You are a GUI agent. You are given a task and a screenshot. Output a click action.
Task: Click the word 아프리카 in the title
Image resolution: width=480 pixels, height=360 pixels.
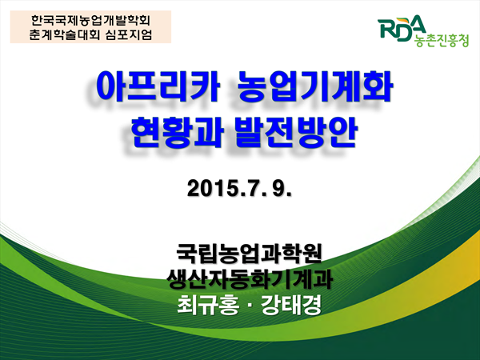coord(158,86)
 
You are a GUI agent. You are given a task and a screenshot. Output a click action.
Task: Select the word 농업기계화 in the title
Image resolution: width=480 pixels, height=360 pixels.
coord(315,86)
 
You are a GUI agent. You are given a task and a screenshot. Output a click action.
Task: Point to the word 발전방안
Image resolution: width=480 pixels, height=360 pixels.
coord(296,132)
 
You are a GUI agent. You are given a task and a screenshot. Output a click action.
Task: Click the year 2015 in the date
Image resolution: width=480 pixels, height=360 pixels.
coord(212,188)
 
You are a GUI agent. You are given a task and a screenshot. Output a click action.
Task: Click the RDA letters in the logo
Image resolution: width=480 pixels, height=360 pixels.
coord(402,29)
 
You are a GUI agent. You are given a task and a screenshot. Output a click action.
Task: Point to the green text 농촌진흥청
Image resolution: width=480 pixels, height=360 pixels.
coord(441,41)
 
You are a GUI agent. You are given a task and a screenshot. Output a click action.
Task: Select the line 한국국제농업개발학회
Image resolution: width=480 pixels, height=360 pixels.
coord(90,21)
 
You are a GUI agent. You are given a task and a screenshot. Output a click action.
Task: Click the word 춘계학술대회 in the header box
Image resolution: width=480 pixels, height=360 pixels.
coord(65,34)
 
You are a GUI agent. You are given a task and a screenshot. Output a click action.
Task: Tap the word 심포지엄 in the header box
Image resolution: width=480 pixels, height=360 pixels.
coord(128,34)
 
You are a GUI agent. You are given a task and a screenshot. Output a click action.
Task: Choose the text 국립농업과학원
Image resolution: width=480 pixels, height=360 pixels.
coord(250,254)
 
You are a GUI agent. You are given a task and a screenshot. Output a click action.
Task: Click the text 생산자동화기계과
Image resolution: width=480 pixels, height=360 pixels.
coord(250,279)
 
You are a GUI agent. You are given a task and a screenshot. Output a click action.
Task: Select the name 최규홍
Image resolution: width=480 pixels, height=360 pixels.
coord(208,305)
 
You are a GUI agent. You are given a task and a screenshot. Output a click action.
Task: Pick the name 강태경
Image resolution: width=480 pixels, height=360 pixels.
coord(291,305)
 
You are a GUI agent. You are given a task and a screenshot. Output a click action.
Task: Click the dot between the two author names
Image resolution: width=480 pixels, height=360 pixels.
coord(250,306)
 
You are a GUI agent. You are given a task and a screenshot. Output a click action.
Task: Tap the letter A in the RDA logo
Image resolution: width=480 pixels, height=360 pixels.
coord(416,24)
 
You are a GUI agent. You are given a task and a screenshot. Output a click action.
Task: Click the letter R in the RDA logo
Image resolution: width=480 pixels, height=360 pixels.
coord(386,29)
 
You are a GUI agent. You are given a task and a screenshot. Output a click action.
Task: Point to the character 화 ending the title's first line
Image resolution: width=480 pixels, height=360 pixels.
coord(378,86)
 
